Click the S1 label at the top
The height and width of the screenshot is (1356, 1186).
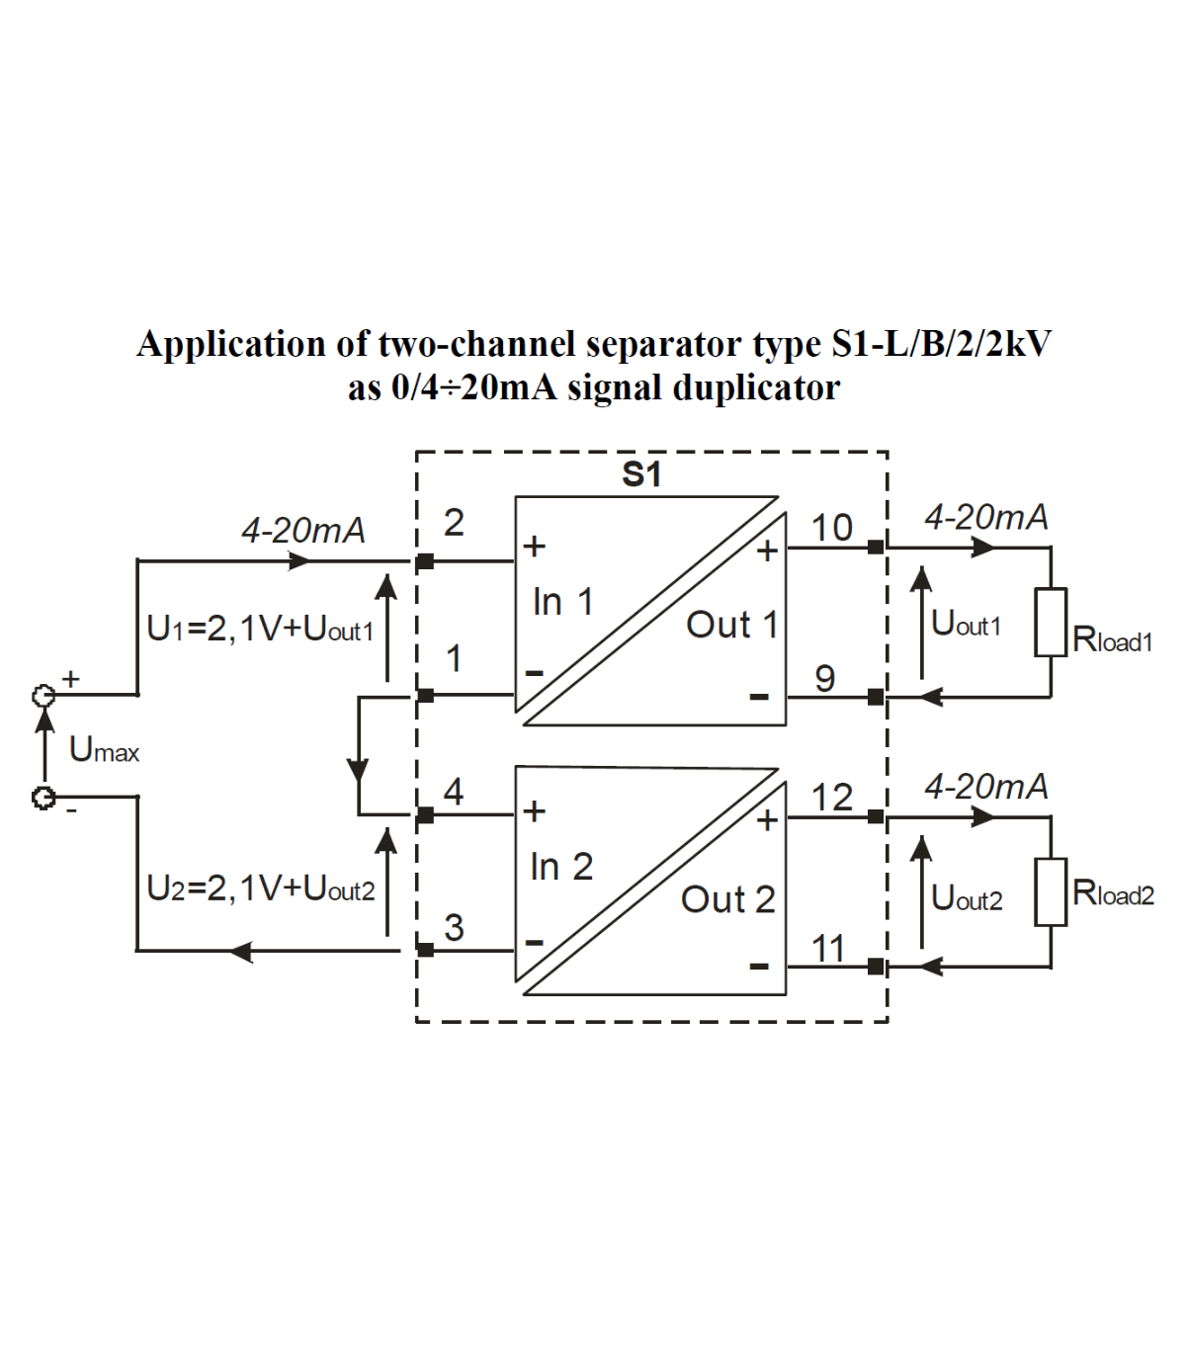[x=641, y=475]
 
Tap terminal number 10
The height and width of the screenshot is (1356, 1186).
[x=831, y=528]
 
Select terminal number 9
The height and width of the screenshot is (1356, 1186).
[x=824, y=678]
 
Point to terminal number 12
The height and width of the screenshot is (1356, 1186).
[x=831, y=798]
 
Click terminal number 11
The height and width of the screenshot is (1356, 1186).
[x=828, y=949]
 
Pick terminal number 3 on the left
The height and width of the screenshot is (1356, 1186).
[x=454, y=927]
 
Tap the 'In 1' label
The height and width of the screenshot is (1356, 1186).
[x=562, y=601]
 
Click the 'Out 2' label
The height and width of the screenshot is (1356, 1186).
[x=728, y=899]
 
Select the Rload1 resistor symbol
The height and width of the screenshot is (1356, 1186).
[x=1051, y=623]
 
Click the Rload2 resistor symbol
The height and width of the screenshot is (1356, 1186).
[x=1051, y=891]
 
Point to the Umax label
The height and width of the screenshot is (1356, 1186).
[x=104, y=750]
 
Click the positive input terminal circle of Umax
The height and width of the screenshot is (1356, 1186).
[x=43, y=696]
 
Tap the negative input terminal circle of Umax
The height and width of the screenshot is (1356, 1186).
[x=43, y=797]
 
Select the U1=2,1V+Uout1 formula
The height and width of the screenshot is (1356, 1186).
[x=260, y=629]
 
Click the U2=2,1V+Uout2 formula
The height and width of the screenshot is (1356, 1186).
[x=261, y=889]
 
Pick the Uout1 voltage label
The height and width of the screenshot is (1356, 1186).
[x=966, y=624]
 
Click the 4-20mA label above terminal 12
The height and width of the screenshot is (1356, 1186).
[x=985, y=787]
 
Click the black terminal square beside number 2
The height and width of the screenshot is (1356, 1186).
[x=425, y=561]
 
